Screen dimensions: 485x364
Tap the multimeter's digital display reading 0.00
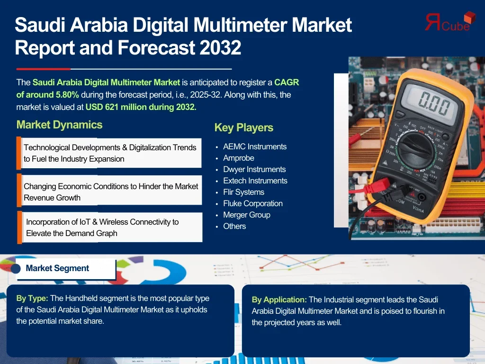[434, 102]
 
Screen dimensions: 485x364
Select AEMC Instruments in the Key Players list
[255, 146]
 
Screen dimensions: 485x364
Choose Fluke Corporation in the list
[253, 203]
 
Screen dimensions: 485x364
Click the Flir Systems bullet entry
[244, 192]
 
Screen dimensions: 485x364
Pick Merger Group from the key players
[247, 215]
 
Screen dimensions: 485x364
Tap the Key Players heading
[244, 127]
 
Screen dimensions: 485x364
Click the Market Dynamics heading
[59, 125]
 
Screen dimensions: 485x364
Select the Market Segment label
[57, 268]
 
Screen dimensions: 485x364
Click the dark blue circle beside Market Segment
[16, 268]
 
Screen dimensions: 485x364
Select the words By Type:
[32, 299]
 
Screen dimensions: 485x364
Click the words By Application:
[279, 300]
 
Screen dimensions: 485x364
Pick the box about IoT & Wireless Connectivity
[110, 227]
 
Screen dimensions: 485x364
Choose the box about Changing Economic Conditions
[109, 190]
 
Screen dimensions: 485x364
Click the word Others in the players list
[234, 226]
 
